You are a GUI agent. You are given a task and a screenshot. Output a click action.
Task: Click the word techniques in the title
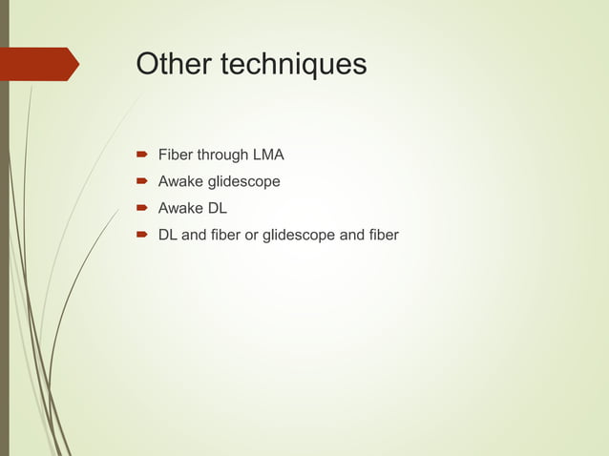293,64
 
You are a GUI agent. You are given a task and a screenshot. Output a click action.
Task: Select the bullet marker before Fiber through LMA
140,155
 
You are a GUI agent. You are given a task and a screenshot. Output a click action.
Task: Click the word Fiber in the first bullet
176,155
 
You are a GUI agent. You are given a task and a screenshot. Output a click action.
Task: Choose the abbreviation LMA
268,155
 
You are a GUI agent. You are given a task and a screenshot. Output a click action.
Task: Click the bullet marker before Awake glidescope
140,181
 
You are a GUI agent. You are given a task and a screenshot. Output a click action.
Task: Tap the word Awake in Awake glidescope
181,181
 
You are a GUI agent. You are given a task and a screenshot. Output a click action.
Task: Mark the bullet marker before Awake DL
140,208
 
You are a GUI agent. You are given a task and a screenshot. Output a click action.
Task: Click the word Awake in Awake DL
181,208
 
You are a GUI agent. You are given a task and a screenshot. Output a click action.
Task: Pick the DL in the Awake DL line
218,208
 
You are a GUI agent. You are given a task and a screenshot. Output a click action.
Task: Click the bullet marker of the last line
140,235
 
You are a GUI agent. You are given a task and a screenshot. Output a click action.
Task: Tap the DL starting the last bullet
168,235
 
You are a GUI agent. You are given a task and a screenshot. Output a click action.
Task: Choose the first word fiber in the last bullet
226,235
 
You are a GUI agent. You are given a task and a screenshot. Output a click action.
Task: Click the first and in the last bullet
194,235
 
